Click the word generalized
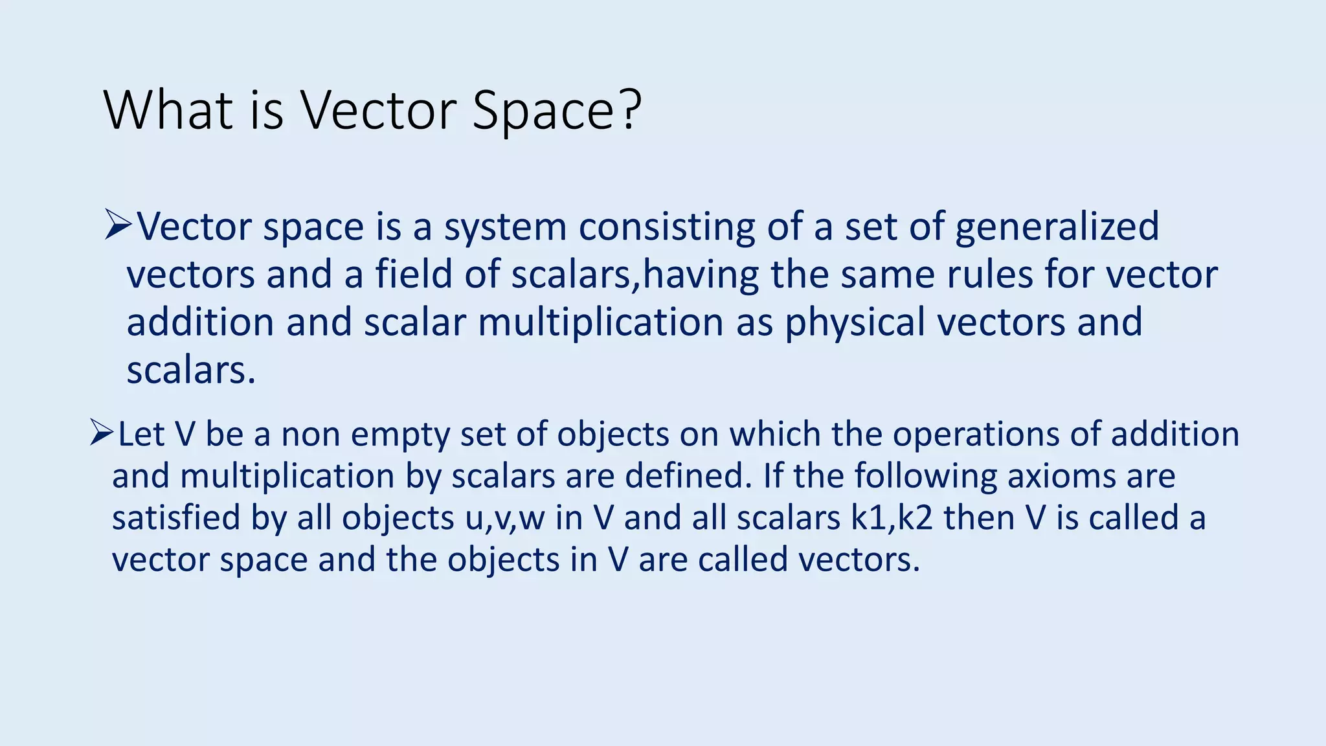pyautogui.click(x=1057, y=228)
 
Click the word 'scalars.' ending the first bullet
pyautogui.click(x=191, y=370)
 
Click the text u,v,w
pyautogui.click(x=504, y=519)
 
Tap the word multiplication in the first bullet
pyautogui.click(x=600, y=323)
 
